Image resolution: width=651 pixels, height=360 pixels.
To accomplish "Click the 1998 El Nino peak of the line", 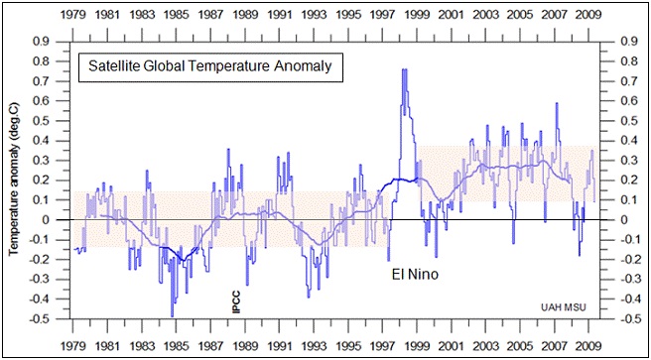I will click(x=404, y=69).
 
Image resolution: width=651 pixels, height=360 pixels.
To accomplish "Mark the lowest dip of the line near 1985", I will click(x=172, y=315).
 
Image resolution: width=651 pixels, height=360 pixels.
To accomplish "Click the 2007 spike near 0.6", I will click(x=556, y=103).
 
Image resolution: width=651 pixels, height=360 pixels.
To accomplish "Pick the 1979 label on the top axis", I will click(x=73, y=16).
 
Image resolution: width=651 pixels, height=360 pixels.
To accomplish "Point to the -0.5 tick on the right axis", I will click(x=625, y=319).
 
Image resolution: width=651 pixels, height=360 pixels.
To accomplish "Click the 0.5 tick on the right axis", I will click(x=625, y=121).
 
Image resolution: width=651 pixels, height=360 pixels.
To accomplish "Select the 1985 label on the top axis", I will click(x=177, y=16).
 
